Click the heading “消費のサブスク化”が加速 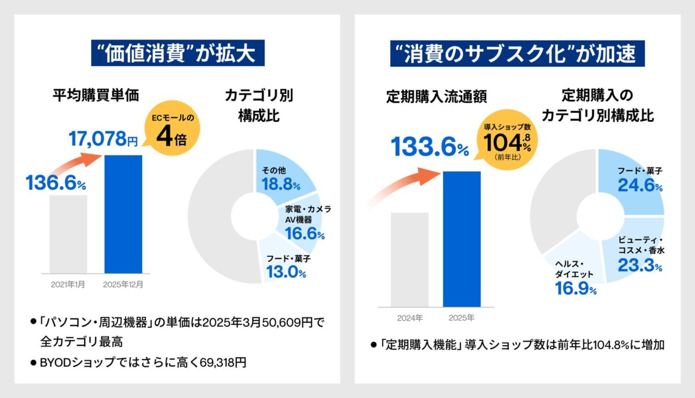click(x=517, y=54)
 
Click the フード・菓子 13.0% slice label click(x=286, y=266)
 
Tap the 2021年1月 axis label click(x=68, y=285)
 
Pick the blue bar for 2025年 click(x=462, y=238)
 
